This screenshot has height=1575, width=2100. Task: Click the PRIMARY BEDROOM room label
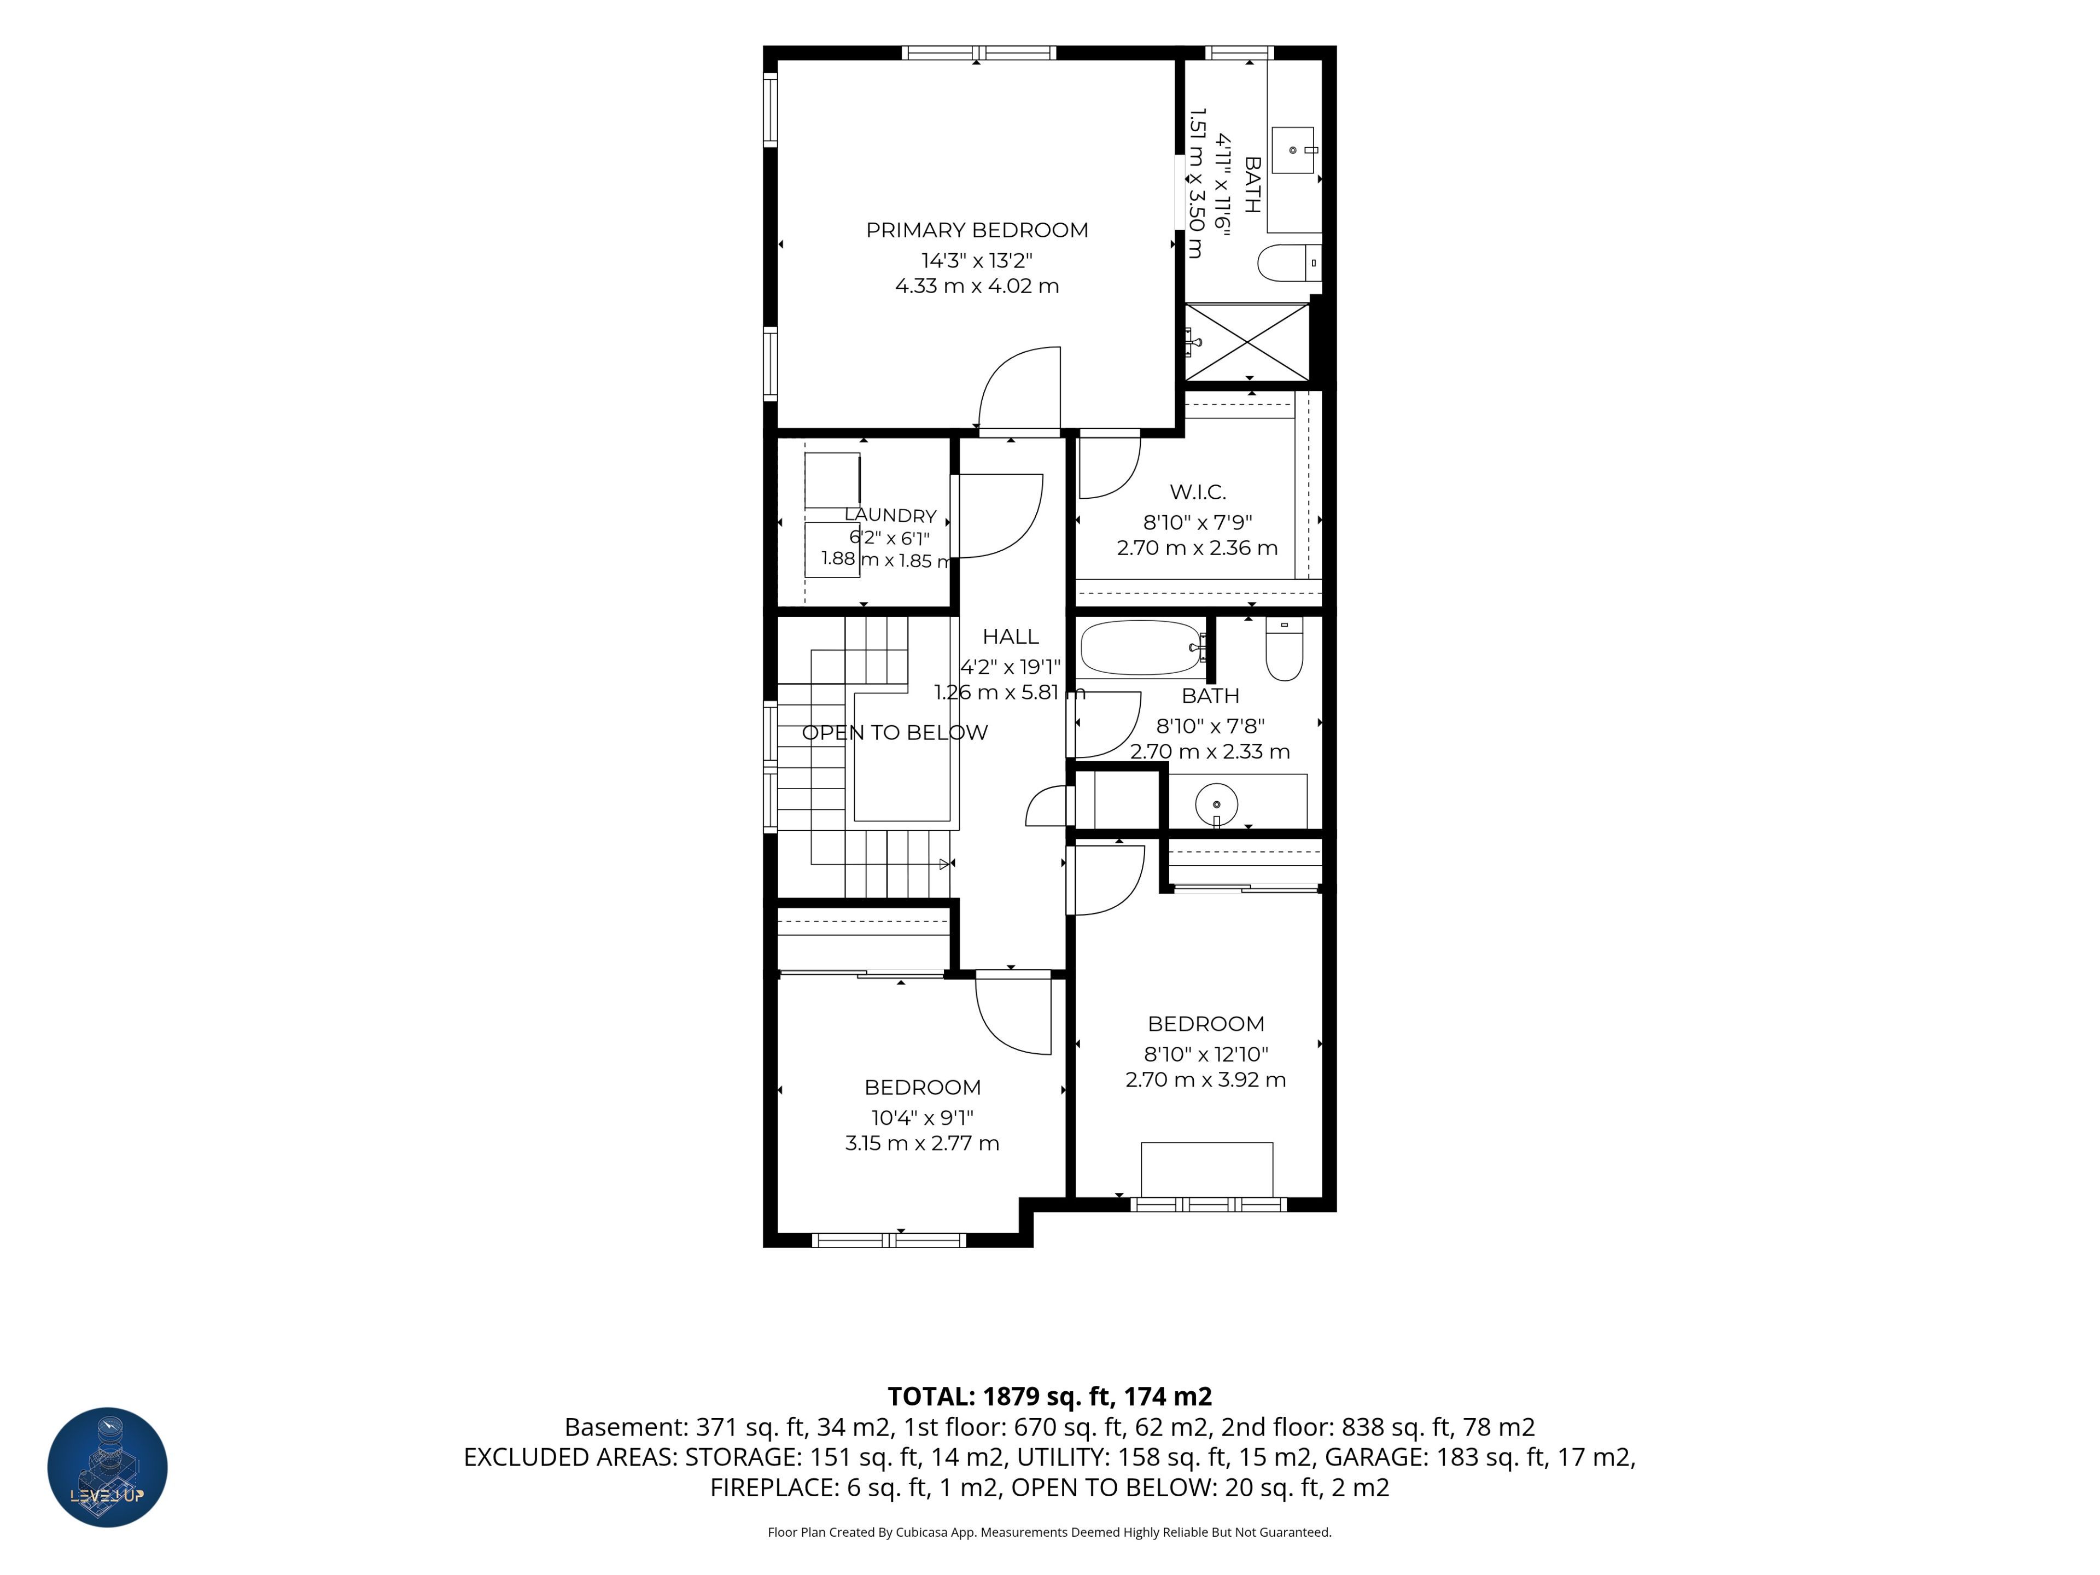click(977, 230)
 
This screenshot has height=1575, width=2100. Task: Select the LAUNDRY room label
click(890, 516)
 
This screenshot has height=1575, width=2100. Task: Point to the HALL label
click(1010, 636)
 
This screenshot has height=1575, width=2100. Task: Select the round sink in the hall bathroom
click(1216, 804)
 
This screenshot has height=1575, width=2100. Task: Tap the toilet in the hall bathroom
click(1285, 649)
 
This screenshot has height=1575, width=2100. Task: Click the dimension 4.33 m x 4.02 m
click(977, 286)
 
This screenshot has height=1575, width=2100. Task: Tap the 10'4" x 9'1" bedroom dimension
click(923, 1117)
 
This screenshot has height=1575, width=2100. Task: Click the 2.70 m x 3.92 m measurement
click(1206, 1080)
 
